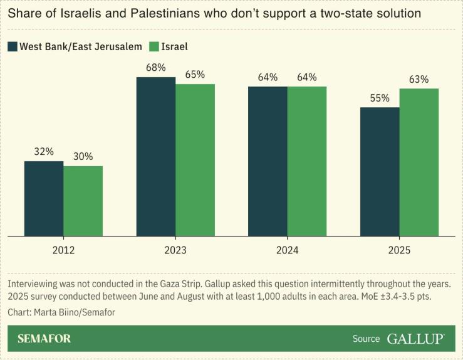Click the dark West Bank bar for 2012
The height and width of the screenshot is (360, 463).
[x=44, y=199]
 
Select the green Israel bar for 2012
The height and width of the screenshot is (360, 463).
[x=83, y=201]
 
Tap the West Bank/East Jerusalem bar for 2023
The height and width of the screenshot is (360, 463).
[x=156, y=157]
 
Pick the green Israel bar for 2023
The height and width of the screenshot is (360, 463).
[x=195, y=160]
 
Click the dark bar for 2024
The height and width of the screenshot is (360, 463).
[x=268, y=161]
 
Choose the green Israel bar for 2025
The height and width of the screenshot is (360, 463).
[x=419, y=162]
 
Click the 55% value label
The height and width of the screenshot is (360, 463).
[x=380, y=98]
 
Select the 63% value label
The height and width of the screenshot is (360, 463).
[x=419, y=79]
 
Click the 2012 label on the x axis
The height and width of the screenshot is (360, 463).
[x=63, y=250]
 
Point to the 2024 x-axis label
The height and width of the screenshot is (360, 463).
[x=287, y=250]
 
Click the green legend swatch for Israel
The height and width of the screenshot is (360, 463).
[x=153, y=46]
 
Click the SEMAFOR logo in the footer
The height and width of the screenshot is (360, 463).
[x=44, y=339]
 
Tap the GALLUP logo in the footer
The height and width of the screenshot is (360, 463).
[x=415, y=339]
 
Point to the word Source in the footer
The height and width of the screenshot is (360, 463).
[x=366, y=339]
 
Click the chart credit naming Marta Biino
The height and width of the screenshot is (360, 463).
[x=61, y=312]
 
